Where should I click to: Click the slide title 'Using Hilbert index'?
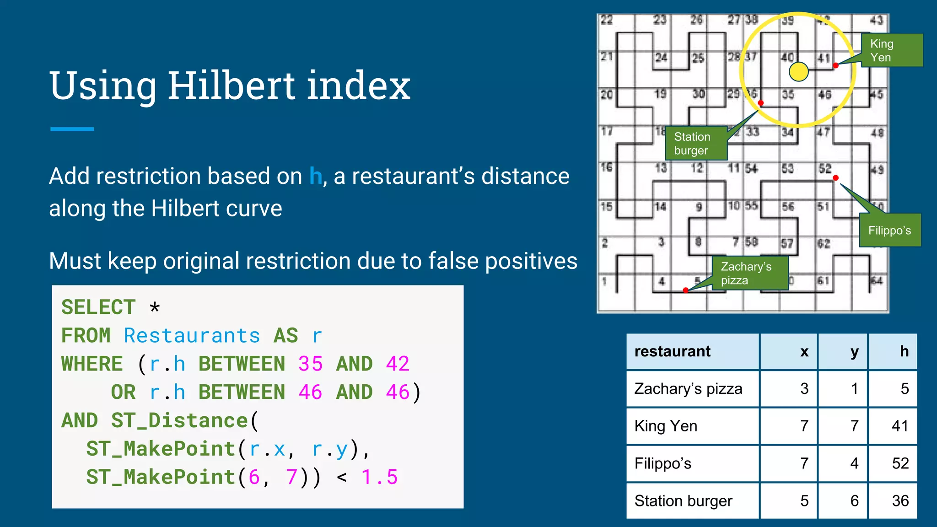230,86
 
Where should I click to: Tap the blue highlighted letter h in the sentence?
316,176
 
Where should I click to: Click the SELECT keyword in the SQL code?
98,307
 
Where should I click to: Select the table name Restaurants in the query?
192,336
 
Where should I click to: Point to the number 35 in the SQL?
310,364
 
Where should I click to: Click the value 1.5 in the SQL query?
379,477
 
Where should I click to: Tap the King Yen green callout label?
891,50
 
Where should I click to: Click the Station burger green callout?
696,143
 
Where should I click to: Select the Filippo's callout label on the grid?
889,230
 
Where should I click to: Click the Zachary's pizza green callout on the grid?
749,273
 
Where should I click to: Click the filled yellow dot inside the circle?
799,71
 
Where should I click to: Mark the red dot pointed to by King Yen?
835,65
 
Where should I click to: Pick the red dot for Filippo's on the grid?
835,178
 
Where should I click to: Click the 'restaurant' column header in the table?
672,351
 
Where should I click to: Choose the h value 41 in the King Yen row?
899,426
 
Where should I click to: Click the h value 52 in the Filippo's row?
900,463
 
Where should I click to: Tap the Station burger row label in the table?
683,501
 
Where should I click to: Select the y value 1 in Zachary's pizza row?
854,389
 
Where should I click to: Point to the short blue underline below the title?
72,129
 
